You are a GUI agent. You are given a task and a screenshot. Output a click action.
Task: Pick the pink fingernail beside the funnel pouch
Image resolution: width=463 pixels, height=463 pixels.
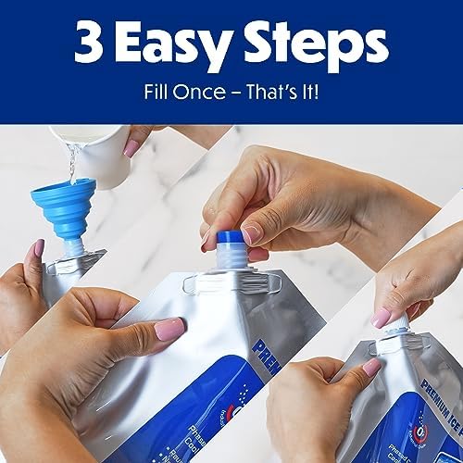pyautogui.click(x=38, y=249)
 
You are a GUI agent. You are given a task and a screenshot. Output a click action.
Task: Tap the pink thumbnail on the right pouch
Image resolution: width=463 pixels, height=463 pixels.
pyautogui.click(x=370, y=369)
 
